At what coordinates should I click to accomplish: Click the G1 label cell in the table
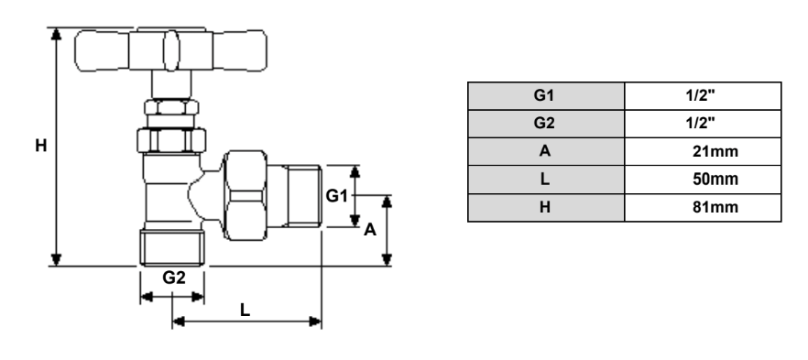545,94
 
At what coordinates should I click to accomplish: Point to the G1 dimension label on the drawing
338,194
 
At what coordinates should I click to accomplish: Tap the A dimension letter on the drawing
370,231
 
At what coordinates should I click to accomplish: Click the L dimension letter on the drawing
246,310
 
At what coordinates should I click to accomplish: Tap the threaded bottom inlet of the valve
172,247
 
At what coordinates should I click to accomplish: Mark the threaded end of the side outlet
303,195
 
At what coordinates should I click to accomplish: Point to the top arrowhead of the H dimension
56,35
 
